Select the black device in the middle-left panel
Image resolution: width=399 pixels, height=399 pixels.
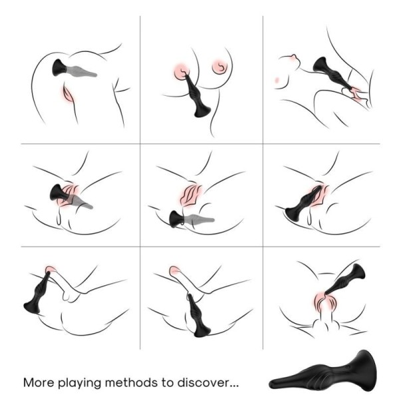61,195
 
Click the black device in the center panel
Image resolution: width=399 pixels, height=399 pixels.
178,219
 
